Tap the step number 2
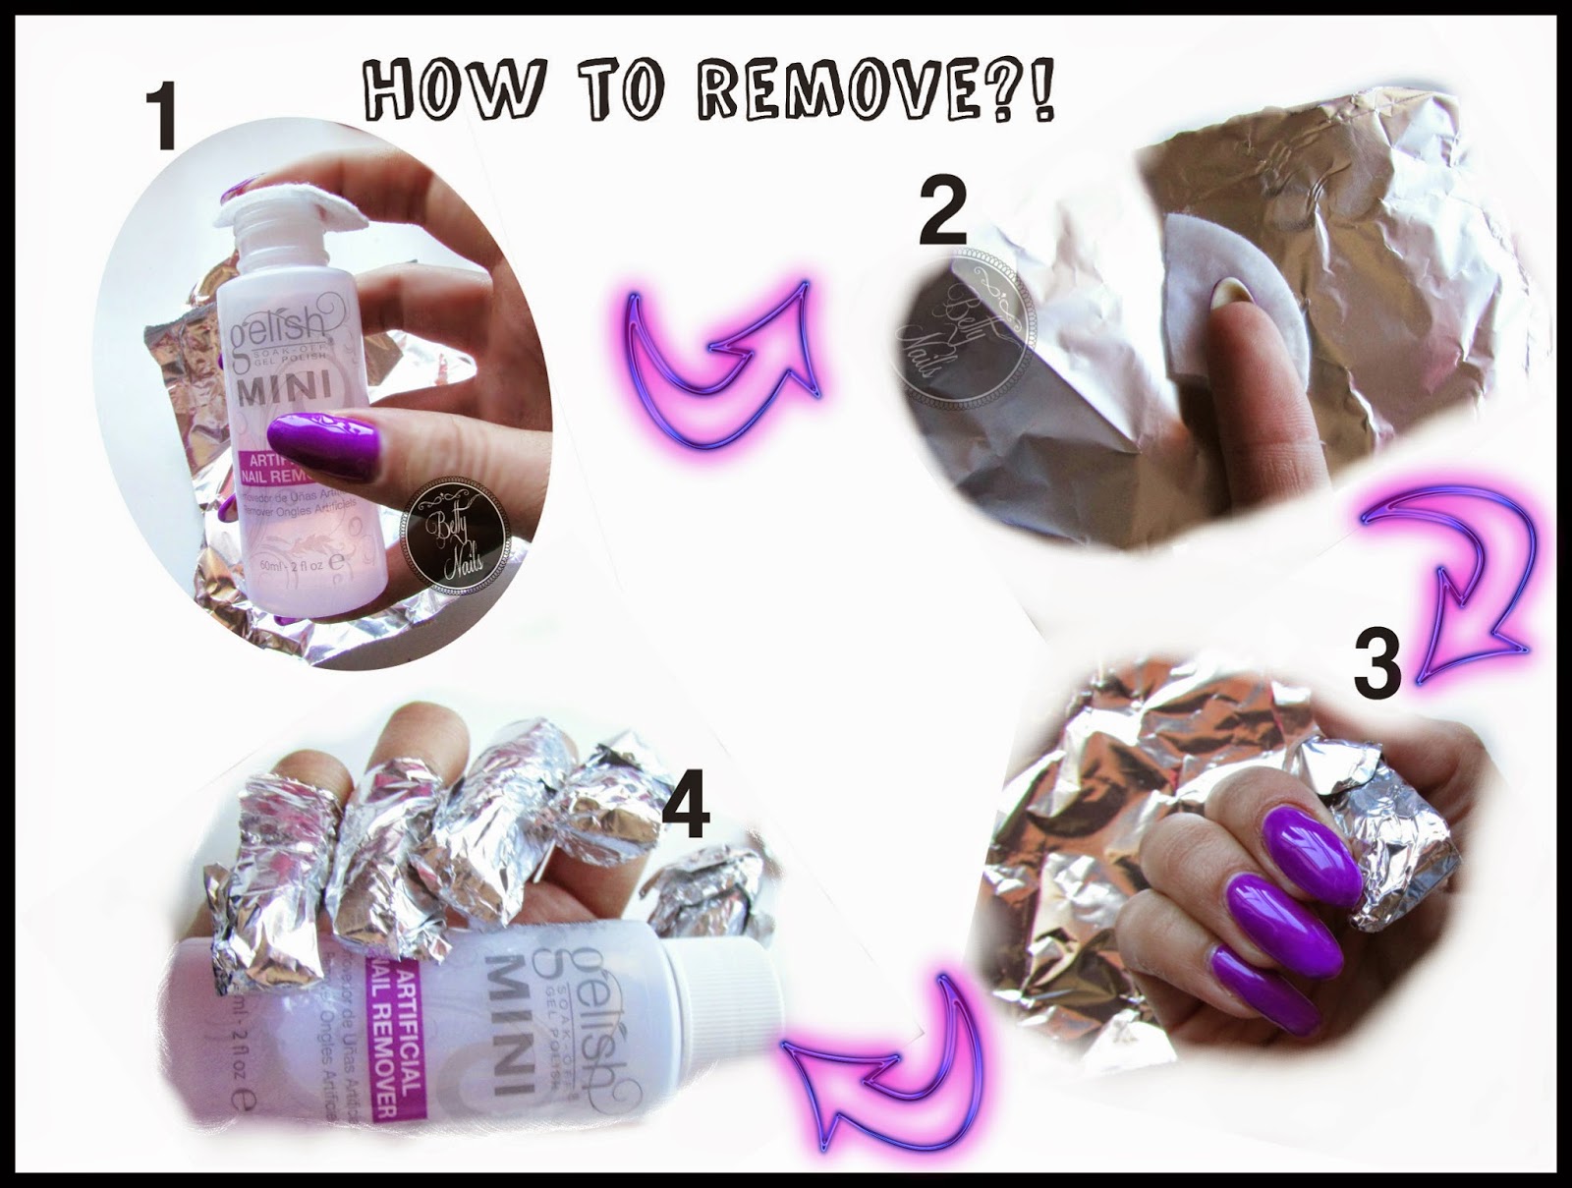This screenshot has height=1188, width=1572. point(942,214)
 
